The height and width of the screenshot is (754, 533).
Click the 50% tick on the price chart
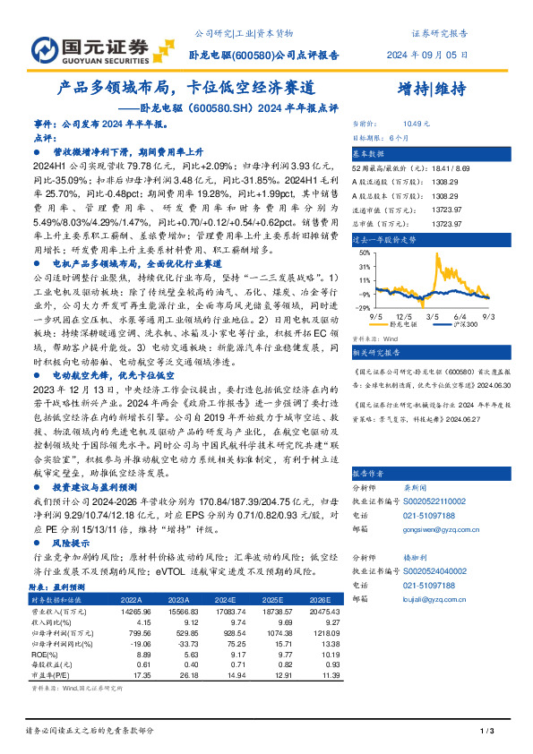tap(365, 253)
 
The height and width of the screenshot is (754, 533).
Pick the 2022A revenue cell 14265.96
tap(132, 609)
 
